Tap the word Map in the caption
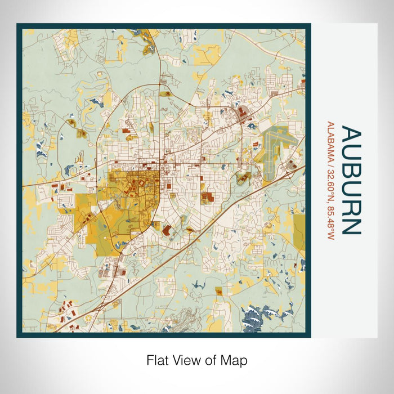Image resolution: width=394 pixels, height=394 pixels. (x=235, y=360)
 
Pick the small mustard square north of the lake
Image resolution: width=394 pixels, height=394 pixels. (x=218, y=290)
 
